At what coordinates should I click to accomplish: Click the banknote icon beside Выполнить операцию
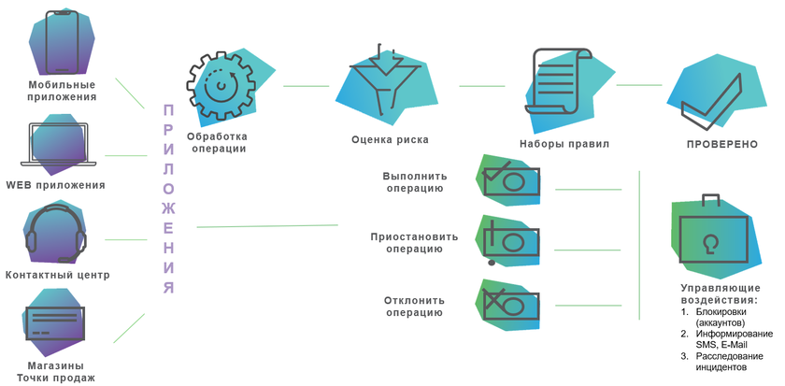pos(510,180)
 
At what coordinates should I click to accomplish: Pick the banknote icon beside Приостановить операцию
pos(510,240)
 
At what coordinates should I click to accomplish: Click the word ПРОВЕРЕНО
pos(721,145)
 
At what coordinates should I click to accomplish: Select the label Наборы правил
pos(564,145)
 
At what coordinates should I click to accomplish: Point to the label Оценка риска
pos(390,140)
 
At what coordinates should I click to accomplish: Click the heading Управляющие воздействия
pos(721,295)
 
